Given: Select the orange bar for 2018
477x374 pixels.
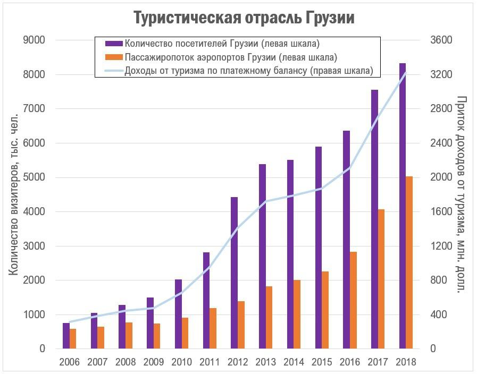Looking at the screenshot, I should point(409,262).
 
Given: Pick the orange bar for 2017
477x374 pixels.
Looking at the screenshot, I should point(381,279).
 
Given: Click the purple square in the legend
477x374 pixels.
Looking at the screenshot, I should point(114,43).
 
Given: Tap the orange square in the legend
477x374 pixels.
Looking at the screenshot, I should point(114,56).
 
